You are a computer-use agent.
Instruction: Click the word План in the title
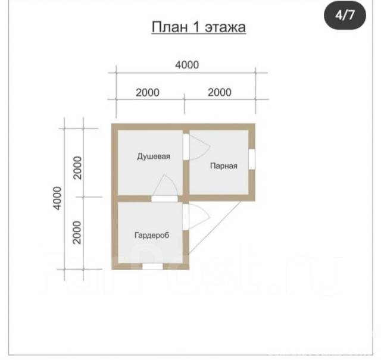(170, 27)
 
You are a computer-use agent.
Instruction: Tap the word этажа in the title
(225, 27)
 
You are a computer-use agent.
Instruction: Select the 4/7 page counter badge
(345, 15)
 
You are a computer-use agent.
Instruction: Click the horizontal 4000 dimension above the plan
(187, 65)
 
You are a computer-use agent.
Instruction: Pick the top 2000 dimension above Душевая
(148, 93)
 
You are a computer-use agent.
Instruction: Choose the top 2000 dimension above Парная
(220, 92)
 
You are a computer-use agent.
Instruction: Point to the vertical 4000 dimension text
(58, 198)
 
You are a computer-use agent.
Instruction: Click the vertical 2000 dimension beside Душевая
(77, 168)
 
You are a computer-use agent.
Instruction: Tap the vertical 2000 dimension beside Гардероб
(77, 233)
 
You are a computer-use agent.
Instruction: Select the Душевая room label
(154, 156)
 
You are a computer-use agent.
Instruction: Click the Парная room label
(224, 166)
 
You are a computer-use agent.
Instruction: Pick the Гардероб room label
(152, 235)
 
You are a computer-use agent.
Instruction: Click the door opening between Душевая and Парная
(186, 147)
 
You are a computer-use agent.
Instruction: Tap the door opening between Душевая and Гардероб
(165, 199)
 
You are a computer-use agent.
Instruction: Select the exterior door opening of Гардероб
(186, 217)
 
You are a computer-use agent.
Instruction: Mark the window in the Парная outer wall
(252, 159)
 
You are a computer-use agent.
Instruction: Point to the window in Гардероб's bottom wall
(152, 267)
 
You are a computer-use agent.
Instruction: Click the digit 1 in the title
(196, 27)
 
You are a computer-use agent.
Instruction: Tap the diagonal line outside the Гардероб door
(215, 228)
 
